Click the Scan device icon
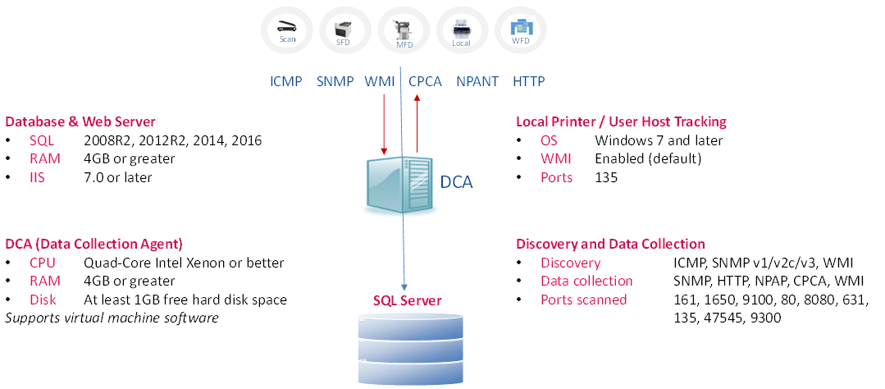[286, 30]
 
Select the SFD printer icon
[344, 30]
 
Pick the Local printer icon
[461, 30]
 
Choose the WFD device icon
[520, 30]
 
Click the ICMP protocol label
[286, 81]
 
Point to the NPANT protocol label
[477, 81]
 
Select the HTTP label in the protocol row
[528, 81]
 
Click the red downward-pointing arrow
[384, 123]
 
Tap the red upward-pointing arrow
[417, 123]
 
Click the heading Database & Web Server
[80, 121]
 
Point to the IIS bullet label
[39, 177]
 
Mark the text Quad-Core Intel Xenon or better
[184, 263]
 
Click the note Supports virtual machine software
[112, 318]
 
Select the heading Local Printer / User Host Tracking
[621, 121]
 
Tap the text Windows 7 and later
[659, 140]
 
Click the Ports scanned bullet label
[583, 300]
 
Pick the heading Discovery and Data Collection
[610, 244]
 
